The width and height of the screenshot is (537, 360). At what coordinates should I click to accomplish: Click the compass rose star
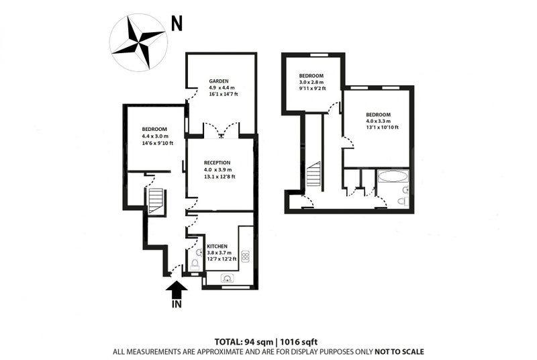click(x=138, y=42)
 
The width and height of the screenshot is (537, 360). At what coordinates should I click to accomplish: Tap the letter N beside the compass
click(x=177, y=24)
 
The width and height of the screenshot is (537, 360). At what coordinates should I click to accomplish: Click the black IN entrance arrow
click(x=177, y=290)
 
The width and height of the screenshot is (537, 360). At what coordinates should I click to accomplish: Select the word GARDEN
click(x=219, y=81)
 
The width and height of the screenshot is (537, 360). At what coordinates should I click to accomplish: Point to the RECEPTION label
click(x=217, y=163)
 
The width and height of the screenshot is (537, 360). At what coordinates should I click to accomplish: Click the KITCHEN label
click(x=217, y=246)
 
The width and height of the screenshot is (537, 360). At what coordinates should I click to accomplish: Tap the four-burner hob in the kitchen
click(x=245, y=257)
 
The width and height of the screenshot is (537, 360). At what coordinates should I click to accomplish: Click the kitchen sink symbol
click(x=227, y=278)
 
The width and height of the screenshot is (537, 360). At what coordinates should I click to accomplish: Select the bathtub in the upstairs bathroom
click(x=393, y=177)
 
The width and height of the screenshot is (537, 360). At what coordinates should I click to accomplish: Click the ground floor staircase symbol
click(x=156, y=200)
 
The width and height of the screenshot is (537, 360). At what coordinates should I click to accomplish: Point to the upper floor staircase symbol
click(x=313, y=174)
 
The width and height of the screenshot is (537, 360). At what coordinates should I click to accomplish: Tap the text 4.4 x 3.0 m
click(x=155, y=136)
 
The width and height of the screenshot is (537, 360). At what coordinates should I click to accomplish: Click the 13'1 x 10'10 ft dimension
click(x=382, y=127)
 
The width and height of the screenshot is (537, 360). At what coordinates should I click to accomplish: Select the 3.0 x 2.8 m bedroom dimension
click(x=311, y=82)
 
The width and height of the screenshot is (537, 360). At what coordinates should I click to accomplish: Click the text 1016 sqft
click(x=299, y=342)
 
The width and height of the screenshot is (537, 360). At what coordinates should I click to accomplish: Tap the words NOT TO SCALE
click(x=399, y=352)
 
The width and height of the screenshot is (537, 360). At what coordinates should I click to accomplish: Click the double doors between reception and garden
click(x=222, y=130)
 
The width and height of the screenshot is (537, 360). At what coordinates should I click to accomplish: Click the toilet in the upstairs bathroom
click(x=403, y=201)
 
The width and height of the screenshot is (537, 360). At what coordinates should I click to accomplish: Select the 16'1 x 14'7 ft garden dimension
click(x=224, y=94)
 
